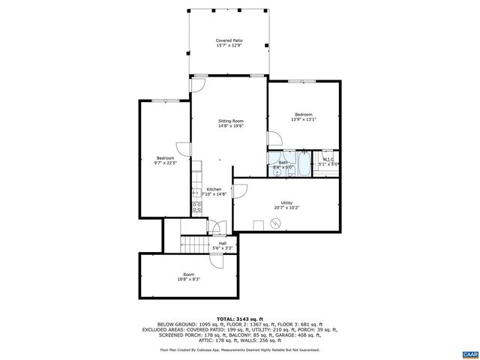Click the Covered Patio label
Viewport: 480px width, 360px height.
coord(229,40)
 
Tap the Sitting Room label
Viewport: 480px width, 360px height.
coord(230,121)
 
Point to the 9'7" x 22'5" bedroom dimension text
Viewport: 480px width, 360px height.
coord(164,163)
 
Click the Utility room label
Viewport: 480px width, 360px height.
coord(286,202)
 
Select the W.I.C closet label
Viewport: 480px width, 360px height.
coord(328,159)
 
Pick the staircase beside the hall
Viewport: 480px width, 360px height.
coord(194,244)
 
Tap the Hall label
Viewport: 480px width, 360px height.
coord(223,243)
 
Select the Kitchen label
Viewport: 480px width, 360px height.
coord(214,189)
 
